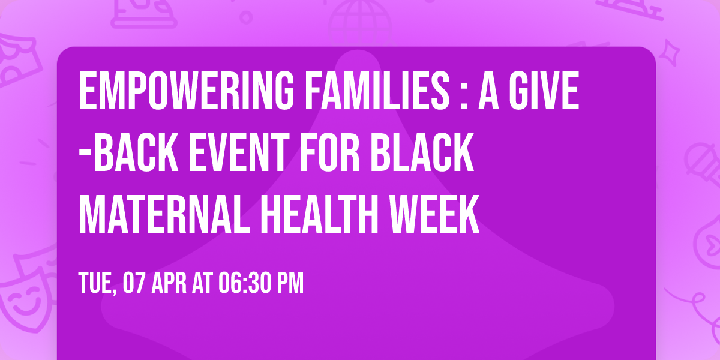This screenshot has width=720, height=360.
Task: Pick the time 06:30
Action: coord(246,283)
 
